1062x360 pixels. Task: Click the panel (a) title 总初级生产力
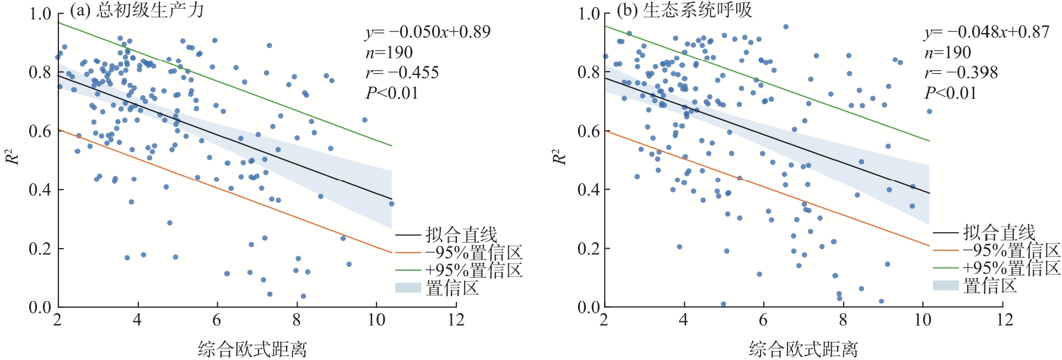coord(150,10)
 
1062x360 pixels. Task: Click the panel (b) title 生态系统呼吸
coord(697,10)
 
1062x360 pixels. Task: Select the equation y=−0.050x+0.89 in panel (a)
coord(428,32)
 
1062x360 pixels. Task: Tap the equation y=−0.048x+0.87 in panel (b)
coord(986,32)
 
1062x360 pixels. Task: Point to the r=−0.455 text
coord(402,73)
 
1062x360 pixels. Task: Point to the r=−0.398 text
coord(961,73)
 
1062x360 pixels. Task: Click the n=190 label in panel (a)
coord(389,52)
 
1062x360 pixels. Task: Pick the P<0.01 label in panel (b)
coord(951,93)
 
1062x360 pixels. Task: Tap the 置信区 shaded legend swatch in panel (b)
coord(946,285)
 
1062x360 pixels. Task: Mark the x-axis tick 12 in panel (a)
coord(456,320)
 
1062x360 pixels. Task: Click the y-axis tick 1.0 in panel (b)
coord(589,13)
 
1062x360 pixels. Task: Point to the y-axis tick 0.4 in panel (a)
coord(40,190)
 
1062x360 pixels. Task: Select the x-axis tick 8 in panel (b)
coord(843,320)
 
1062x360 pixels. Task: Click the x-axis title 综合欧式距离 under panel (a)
coord(252,349)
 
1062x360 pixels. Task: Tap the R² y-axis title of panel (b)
coord(559,157)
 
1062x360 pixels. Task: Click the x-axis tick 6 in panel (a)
coord(217,320)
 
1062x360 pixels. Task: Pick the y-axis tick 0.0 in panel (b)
coord(589,307)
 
